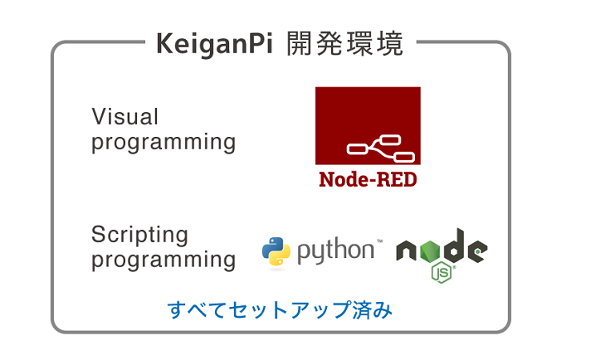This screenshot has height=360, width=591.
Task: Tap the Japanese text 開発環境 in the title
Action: click(344, 44)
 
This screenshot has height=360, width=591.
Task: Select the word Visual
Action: click(125, 116)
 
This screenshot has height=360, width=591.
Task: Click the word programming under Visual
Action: click(164, 143)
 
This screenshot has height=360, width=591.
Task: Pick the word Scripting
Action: click(139, 235)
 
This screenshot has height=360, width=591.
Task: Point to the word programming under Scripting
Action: click(164, 260)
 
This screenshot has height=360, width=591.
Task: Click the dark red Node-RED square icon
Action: click(368, 125)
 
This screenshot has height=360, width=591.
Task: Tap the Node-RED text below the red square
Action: click(368, 179)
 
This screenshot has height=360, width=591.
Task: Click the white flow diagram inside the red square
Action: click(381, 148)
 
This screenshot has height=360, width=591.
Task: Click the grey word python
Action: click(335, 251)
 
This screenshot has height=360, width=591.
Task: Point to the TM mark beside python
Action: click(379, 241)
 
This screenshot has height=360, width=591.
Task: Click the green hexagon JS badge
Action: click(442, 272)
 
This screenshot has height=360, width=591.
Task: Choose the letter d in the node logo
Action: click(454, 246)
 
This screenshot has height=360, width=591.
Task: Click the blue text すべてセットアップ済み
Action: click(280, 310)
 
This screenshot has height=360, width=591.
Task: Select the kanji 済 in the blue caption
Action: click(362, 309)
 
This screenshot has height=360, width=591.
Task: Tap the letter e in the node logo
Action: click(477, 251)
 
